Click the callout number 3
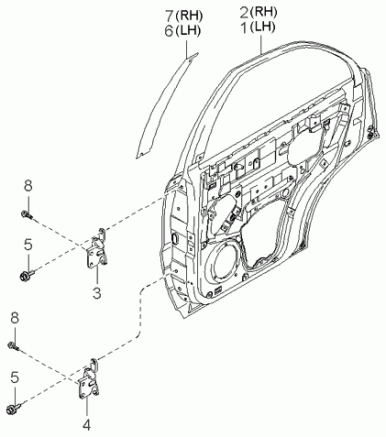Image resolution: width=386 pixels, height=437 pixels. coord(96,293)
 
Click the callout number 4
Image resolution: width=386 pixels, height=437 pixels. coord(87,425)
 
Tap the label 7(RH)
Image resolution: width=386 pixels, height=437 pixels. coord(183,16)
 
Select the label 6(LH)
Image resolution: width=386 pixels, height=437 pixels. coord(182,31)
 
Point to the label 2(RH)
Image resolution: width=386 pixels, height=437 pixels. coord(259,12)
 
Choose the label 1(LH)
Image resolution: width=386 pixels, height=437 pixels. coord(259,27)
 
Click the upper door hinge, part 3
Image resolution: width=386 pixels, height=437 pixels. coord(98,248)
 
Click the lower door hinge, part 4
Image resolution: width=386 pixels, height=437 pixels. coord(90,378)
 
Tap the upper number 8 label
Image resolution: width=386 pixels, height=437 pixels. coord(28,186)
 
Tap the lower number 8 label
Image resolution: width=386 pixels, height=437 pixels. coord(15,318)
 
